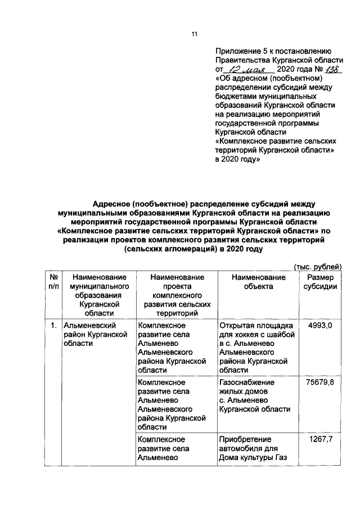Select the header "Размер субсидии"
320,282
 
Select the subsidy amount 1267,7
320,439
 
